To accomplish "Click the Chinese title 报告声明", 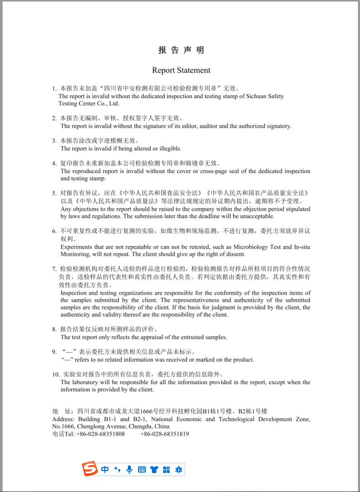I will tap(181, 50).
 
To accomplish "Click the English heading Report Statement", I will tap(181, 70).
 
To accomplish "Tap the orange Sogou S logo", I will tap(91, 468).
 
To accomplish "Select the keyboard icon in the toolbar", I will tap(142, 469).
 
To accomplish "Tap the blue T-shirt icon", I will tap(154, 469).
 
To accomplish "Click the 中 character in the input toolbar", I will tap(105, 469).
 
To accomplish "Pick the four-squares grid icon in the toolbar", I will tap(166, 469).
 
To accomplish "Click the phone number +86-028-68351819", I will tap(165, 434).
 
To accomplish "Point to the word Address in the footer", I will tap(63, 419).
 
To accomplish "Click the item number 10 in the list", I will tap(56, 374).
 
